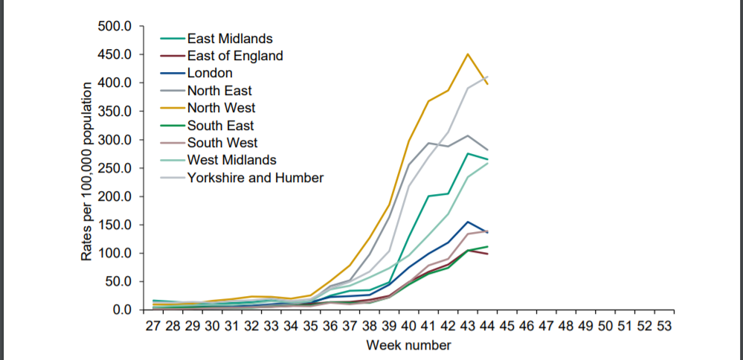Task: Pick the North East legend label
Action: coord(219,91)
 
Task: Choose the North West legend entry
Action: coord(221,108)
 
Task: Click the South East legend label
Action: coord(220,126)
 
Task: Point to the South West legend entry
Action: coord(222,143)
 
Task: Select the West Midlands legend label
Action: coord(231,160)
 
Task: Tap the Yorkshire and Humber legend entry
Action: coord(255,178)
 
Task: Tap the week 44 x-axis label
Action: coord(487,327)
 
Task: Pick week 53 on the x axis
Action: coord(665,327)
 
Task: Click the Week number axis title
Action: coord(408,346)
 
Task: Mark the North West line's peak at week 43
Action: coord(468,54)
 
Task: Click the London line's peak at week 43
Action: coord(468,222)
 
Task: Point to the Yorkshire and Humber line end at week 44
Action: coord(487,77)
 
